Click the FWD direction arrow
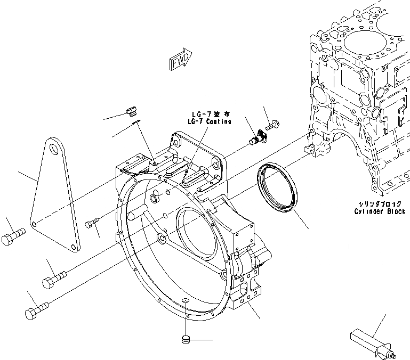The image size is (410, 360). [x=181, y=61]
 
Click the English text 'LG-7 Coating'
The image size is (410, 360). [x=209, y=122]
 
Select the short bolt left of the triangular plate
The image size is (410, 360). [x=13, y=237]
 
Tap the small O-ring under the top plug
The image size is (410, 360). [x=136, y=122]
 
